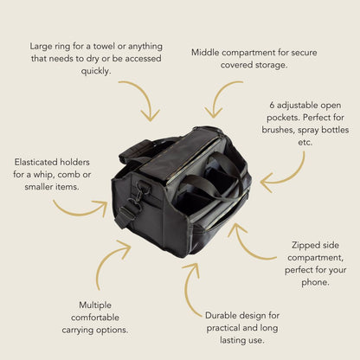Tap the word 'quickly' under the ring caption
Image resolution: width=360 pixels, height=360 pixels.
96,71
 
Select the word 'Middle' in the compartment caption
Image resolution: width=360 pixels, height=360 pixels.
205,53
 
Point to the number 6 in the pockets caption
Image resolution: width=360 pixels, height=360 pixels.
272,106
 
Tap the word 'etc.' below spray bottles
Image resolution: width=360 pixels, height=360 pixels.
305,142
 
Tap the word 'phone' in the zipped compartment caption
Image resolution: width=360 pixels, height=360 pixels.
315,282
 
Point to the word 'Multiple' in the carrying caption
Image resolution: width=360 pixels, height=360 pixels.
95,305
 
